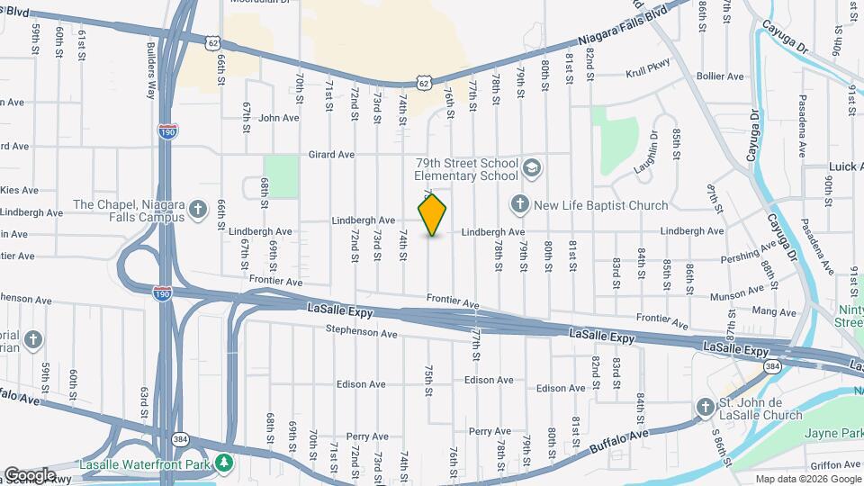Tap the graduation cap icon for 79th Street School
[532, 167]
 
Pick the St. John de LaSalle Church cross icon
[706, 409]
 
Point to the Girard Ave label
[330, 155]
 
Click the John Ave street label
[278, 118]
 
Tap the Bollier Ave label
[720, 76]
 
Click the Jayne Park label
[832, 435]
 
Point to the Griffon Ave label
[834, 465]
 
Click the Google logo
[30, 474]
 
